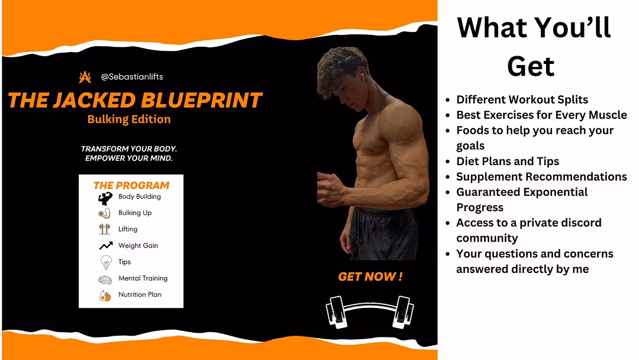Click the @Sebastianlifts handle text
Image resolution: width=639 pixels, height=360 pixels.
(x=131, y=76)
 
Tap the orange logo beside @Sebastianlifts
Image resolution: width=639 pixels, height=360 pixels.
(x=85, y=76)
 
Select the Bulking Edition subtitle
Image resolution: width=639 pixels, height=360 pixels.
(x=129, y=119)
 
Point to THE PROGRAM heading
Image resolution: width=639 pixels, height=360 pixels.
(x=131, y=185)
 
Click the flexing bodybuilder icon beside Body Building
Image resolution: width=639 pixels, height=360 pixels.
(x=105, y=198)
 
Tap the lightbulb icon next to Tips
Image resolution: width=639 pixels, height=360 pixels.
(x=106, y=262)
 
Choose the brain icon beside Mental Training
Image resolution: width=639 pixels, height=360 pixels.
(x=105, y=279)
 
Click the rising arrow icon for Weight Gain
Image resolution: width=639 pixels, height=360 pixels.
(x=106, y=246)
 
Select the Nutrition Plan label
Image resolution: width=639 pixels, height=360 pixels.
(x=140, y=294)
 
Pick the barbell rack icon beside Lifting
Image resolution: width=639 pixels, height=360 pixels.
(x=105, y=229)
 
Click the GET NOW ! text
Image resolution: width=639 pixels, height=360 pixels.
(x=370, y=277)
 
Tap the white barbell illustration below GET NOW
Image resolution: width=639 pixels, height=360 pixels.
(x=370, y=312)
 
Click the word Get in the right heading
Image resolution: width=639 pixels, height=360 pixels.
(x=531, y=66)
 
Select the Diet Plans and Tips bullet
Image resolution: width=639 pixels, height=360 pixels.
(x=508, y=161)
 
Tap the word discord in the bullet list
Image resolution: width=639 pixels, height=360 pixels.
(x=581, y=223)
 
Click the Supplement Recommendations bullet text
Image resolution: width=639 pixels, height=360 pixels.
(x=541, y=176)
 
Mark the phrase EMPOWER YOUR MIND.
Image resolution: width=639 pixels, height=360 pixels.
(x=129, y=158)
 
